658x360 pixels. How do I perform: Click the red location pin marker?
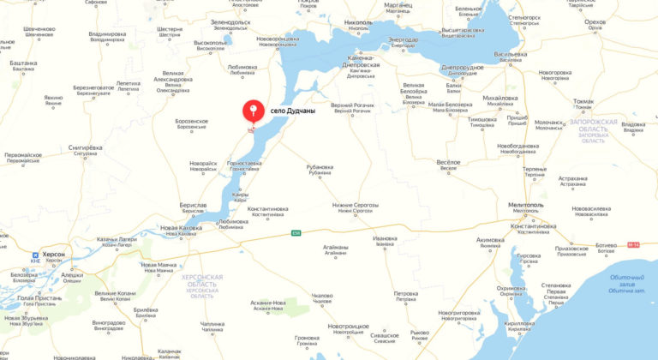[253, 112]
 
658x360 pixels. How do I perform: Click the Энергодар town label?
[404, 39]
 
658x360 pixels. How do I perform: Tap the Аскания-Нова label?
[267, 303]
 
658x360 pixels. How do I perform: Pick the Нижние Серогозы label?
[356, 206]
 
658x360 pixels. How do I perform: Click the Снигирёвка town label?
[86, 147]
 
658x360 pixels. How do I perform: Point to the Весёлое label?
[449, 162]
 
